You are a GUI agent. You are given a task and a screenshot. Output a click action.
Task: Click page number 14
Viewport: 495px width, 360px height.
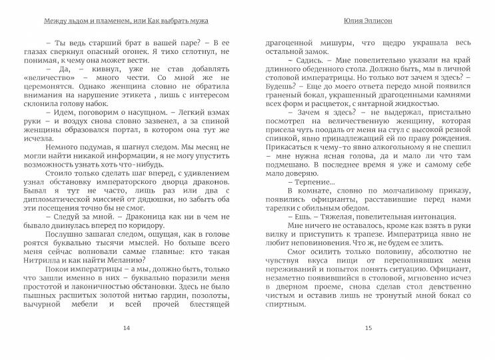pos(127,328)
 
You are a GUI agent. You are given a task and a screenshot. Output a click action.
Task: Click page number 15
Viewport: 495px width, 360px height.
pos(368,328)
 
